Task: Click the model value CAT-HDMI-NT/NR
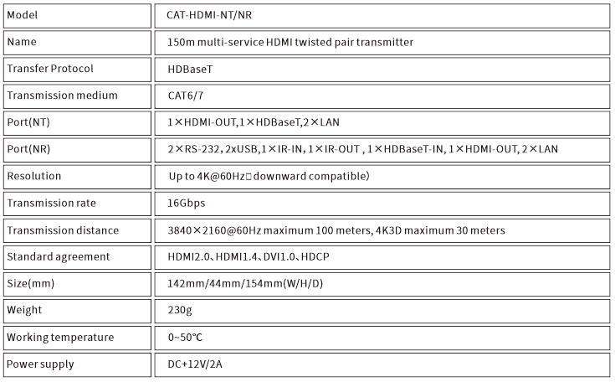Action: pos(209,15)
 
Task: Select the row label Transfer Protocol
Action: pos(50,69)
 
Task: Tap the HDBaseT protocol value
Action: pos(190,70)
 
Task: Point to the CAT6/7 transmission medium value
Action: pos(186,95)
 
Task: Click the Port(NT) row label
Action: pos(28,122)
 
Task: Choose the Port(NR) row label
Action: pos(28,149)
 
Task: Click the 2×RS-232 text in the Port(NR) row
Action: pos(194,149)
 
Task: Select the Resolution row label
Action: pos(34,176)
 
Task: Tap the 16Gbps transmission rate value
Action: pos(187,204)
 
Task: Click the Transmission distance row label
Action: pos(63,230)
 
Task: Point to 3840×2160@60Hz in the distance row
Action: pos(214,230)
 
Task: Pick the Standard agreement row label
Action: pos(59,256)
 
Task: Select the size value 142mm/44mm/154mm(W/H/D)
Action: pos(245,283)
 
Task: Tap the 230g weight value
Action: pos(180,310)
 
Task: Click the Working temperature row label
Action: pos(60,338)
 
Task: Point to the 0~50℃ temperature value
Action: pos(185,338)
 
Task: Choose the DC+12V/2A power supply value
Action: pos(195,364)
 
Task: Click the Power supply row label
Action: pos(40,364)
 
